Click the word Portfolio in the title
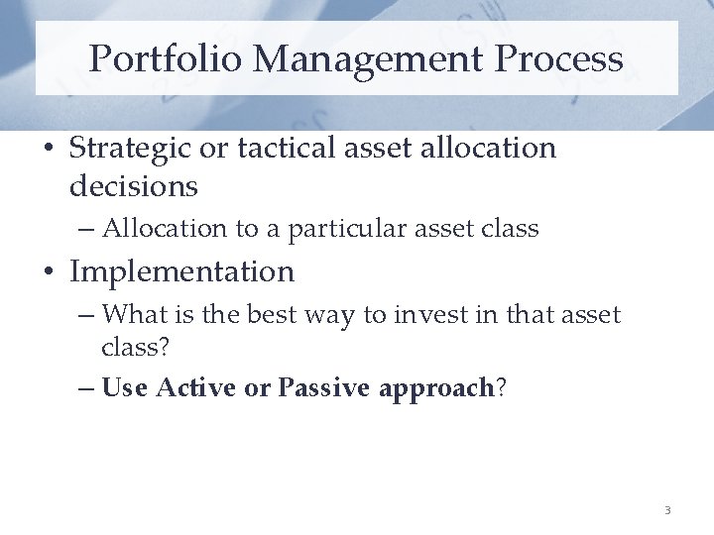click(165, 59)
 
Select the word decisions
click(134, 185)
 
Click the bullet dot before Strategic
click(49, 150)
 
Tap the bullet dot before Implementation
click(49, 272)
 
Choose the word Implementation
click(181, 272)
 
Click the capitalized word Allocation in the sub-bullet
click(165, 229)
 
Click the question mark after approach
click(501, 387)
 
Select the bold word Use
click(124, 387)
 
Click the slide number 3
click(667, 510)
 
